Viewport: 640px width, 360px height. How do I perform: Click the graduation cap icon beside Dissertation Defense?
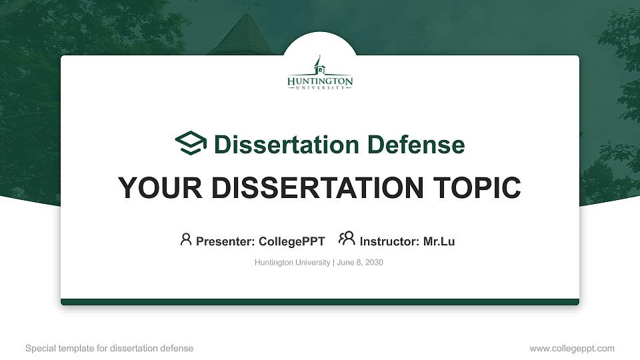(x=191, y=143)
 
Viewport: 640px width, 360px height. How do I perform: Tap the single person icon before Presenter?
(x=186, y=239)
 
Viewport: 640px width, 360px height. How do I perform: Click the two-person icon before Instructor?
(x=347, y=239)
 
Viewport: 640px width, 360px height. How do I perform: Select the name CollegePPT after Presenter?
(x=291, y=241)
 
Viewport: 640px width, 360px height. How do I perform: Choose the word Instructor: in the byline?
(x=389, y=241)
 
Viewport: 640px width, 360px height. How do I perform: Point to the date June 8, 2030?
(x=360, y=263)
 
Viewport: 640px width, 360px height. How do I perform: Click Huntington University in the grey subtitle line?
(x=292, y=263)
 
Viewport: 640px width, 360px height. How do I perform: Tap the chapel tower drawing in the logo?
(x=319, y=65)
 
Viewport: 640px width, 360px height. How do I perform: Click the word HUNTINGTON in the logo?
(x=320, y=81)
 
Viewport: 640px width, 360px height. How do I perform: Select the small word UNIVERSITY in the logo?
(x=320, y=89)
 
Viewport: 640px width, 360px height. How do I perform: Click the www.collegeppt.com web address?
(x=572, y=348)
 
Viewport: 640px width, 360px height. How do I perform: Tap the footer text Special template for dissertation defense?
(x=109, y=348)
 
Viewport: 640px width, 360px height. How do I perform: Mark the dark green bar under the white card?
(x=320, y=302)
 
